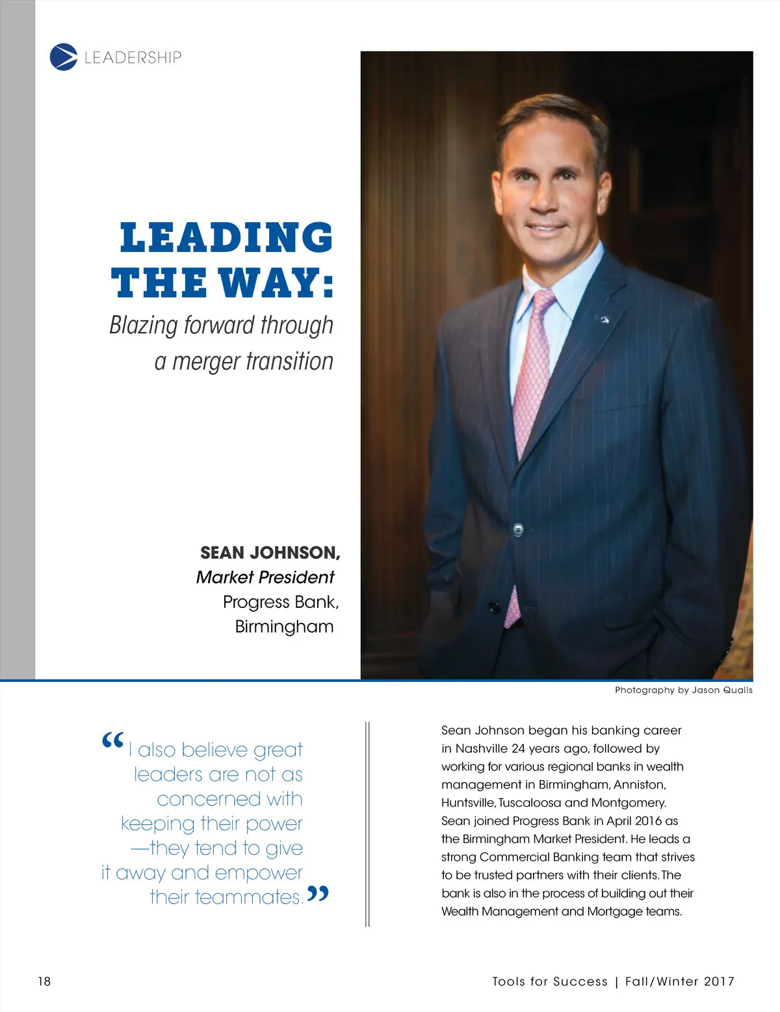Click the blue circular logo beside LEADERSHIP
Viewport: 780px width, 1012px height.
click(63, 57)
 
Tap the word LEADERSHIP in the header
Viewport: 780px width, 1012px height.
click(133, 57)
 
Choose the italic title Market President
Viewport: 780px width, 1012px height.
click(265, 577)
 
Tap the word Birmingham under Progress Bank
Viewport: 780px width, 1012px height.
click(284, 626)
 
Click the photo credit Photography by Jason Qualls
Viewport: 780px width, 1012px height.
click(683, 690)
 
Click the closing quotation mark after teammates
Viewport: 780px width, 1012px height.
click(318, 894)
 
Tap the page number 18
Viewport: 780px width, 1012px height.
click(44, 981)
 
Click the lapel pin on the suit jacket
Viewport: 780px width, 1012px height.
click(604, 319)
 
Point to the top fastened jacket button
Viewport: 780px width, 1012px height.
click(518, 529)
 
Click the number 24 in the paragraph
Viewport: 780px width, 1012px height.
click(518, 748)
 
